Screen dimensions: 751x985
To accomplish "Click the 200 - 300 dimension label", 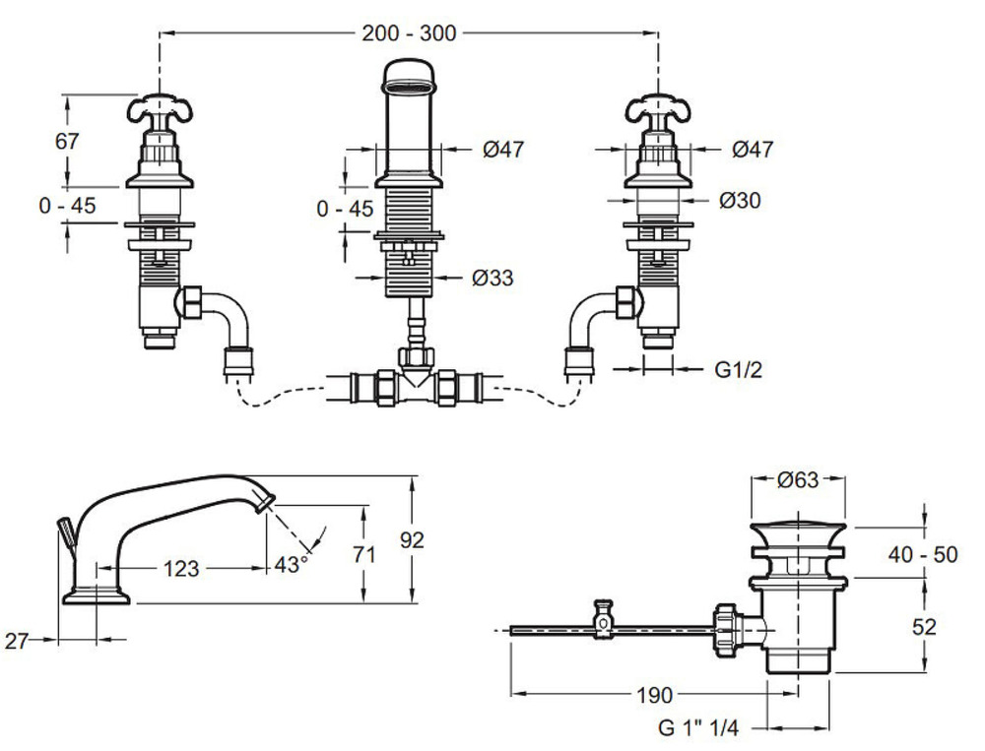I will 409,32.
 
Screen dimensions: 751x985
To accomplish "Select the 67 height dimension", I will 67,141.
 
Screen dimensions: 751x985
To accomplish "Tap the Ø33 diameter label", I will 492,279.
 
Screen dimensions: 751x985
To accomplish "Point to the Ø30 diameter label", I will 740,200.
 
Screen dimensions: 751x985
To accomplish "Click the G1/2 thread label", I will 738,370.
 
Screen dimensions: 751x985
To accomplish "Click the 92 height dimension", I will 414,539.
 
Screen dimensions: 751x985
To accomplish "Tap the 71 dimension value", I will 364,554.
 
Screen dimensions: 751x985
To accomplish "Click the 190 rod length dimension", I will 654,695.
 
